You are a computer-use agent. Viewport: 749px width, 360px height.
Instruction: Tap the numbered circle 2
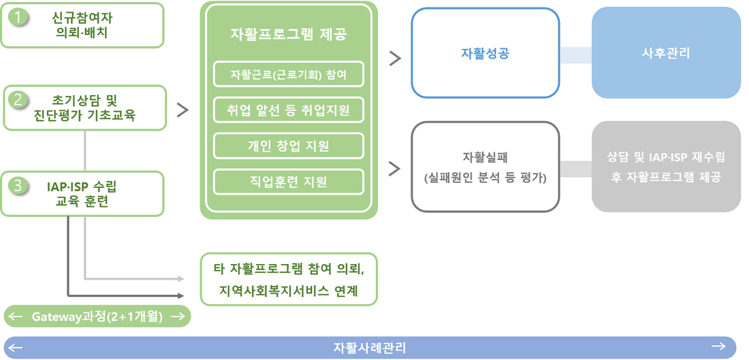[19, 100]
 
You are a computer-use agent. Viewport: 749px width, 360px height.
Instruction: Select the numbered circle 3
[19, 186]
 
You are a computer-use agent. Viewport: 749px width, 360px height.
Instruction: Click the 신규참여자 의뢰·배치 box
[82, 25]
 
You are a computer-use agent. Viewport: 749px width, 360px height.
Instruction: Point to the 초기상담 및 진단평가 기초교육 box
[85, 108]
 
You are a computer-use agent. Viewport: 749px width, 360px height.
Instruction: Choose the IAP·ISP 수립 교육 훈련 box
[82, 193]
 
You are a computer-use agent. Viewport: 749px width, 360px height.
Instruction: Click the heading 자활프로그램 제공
[289, 35]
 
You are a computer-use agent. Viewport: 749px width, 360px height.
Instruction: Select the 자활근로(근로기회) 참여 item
[289, 74]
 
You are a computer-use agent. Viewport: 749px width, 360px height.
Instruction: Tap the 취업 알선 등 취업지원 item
[289, 110]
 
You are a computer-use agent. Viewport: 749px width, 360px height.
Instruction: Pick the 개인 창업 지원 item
[289, 146]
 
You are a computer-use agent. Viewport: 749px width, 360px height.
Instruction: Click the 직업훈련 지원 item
[289, 182]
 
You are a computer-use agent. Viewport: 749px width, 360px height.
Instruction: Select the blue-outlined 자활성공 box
[485, 52]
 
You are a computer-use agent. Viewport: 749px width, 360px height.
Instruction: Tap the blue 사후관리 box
[666, 52]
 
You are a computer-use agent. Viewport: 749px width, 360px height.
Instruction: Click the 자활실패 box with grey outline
[485, 167]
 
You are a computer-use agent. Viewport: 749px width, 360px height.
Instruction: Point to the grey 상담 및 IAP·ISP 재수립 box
[666, 167]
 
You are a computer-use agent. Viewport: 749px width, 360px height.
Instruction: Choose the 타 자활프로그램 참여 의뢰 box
[289, 279]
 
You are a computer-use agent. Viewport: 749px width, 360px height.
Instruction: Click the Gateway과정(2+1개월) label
[97, 316]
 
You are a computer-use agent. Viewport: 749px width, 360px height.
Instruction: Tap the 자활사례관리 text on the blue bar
[370, 347]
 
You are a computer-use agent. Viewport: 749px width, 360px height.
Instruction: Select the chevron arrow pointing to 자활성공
[394, 58]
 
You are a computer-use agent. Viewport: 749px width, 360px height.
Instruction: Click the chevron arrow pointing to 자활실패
[394, 169]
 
